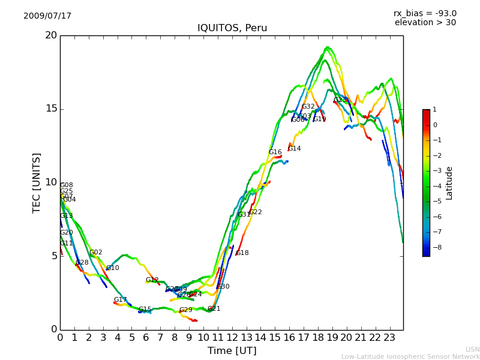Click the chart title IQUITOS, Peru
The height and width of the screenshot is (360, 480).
point(232,28)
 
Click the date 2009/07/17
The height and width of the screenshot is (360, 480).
point(47,16)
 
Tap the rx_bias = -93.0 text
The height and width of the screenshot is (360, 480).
point(425,14)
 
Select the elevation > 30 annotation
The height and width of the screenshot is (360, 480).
point(425,23)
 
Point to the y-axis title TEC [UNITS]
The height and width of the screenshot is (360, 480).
point(37,182)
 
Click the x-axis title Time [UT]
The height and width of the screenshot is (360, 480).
point(232,350)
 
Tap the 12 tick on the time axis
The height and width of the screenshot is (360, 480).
point(232,337)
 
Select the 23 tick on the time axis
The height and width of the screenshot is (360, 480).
point(389,337)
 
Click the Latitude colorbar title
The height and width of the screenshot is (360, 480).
point(449,183)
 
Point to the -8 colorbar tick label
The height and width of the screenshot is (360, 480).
point(436,247)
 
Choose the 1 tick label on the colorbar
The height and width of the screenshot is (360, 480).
point(435,110)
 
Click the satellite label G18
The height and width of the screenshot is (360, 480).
point(242,253)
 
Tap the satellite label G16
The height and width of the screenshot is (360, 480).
point(275,152)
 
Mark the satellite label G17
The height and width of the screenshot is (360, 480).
point(120,300)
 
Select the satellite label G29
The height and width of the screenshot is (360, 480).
point(185,310)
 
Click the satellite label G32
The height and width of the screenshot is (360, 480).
point(308,107)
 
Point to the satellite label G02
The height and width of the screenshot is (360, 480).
point(95,253)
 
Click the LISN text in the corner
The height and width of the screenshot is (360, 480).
point(472,349)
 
